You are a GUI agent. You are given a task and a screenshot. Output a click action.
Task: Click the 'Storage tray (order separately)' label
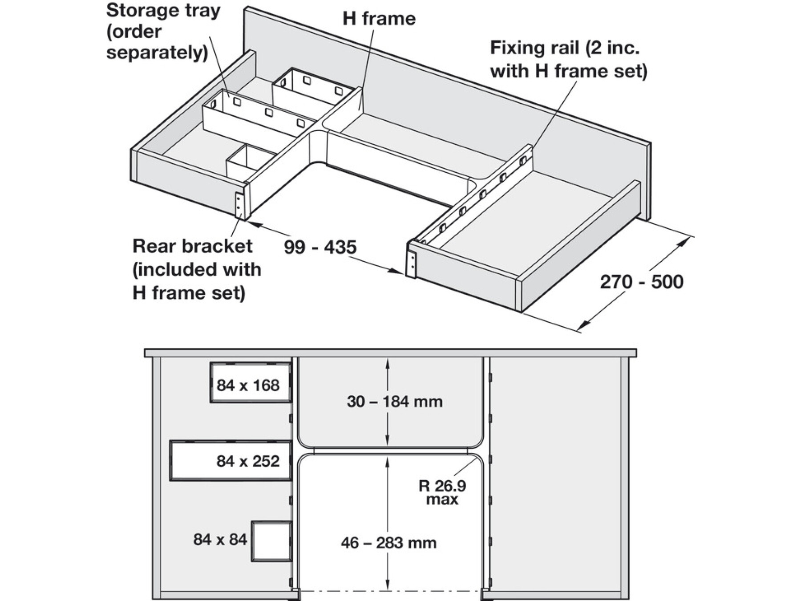point(163,32)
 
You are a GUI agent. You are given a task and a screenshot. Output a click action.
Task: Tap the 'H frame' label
point(379,19)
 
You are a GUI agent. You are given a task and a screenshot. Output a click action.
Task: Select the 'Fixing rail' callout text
point(568,59)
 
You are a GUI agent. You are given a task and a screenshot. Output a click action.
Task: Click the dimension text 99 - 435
point(320,247)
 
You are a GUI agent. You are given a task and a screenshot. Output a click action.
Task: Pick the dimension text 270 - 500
point(641,282)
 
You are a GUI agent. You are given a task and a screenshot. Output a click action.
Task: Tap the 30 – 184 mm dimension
point(395,402)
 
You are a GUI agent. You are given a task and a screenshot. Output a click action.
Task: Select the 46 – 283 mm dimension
point(388,543)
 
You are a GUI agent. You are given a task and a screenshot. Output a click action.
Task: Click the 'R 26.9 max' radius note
point(442,492)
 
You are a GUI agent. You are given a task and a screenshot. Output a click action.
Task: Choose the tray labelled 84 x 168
point(251,382)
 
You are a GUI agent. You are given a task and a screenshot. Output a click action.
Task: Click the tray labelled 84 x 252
point(231,460)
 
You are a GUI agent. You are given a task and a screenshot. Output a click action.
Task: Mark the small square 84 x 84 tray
point(271,541)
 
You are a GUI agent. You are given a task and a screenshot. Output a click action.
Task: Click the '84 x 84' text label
point(220,540)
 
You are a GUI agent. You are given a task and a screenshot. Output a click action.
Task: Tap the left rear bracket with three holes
point(239,206)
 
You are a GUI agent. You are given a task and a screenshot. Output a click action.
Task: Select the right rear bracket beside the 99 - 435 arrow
point(412,264)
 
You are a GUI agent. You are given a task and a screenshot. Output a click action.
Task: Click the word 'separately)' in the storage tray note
point(157,53)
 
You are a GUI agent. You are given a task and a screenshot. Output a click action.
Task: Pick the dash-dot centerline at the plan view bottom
point(391,592)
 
